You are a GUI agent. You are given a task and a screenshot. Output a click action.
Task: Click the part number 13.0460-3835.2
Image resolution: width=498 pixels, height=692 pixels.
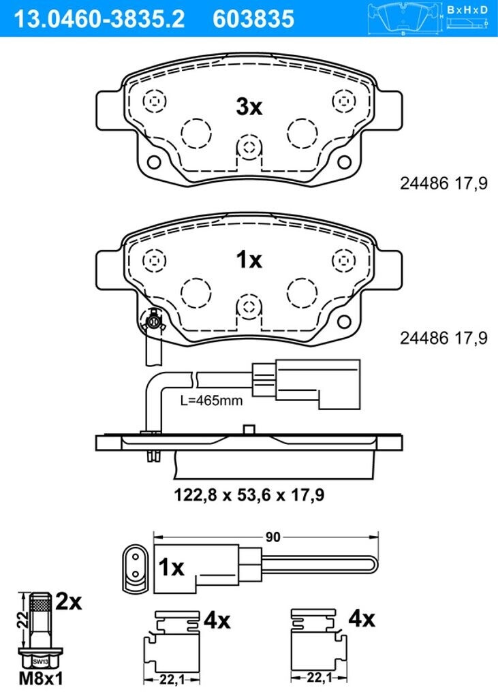pos(95,18)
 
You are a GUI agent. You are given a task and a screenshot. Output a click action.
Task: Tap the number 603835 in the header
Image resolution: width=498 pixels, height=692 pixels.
pos(253,18)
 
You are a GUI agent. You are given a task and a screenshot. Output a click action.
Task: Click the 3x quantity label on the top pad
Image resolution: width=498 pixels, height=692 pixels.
pos(249,107)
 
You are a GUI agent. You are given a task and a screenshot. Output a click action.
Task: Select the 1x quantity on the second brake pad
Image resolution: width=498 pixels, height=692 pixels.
pos(249,259)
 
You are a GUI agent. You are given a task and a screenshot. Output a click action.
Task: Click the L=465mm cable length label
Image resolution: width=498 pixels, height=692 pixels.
pos(211,400)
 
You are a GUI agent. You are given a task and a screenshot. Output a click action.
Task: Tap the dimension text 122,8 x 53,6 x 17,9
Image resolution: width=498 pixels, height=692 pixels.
pos(249,495)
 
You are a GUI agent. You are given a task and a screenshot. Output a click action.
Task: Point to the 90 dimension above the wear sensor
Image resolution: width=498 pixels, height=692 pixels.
pos(273,537)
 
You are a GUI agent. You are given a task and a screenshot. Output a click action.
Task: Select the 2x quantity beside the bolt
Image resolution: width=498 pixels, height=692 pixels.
pos(68,602)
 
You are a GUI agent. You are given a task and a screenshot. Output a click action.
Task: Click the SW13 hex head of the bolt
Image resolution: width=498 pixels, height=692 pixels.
pos(41,661)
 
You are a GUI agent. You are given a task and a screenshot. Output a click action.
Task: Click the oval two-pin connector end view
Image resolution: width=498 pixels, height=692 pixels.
pos(136,567)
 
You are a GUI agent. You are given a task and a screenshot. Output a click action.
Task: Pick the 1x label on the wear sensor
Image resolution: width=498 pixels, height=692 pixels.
pos(172,567)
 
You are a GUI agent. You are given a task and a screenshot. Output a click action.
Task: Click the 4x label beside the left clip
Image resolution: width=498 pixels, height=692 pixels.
pos(217,620)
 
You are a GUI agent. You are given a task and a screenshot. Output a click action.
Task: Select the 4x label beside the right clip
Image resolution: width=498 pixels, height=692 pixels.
pos(361,619)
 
